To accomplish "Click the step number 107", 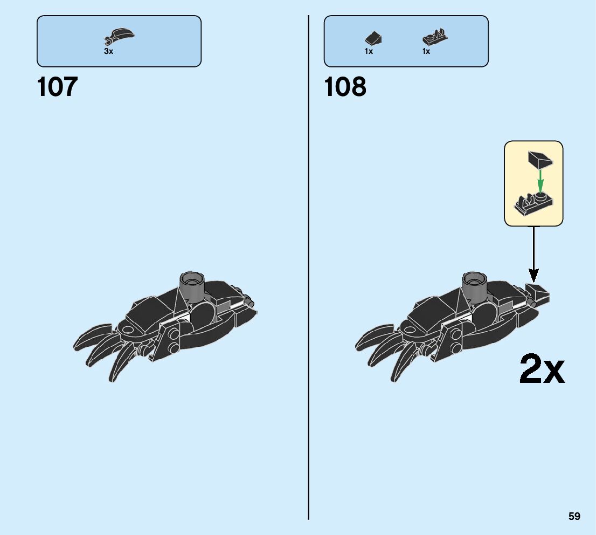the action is pos(57,87).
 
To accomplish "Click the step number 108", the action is pos(345,87).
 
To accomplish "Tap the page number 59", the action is pos(574,517).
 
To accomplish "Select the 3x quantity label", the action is pos(109,52).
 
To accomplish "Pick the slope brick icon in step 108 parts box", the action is pos(372,38).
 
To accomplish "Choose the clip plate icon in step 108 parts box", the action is pos(435,38).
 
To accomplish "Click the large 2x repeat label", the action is pos(542,369).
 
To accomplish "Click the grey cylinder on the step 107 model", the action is pos(192,285).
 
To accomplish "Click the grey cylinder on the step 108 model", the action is pos(474,285).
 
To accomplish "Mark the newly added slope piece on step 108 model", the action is pos(539,294).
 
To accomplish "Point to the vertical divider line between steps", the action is pos(308,270).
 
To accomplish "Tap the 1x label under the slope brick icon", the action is pos(369,52).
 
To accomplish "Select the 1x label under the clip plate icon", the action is pos(426,52).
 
